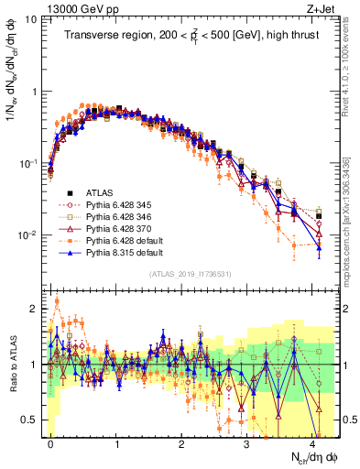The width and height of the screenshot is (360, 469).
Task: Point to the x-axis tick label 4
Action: pyautogui.click(x=313, y=441)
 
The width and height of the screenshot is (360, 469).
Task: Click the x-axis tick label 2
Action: pyautogui.click(x=182, y=441)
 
